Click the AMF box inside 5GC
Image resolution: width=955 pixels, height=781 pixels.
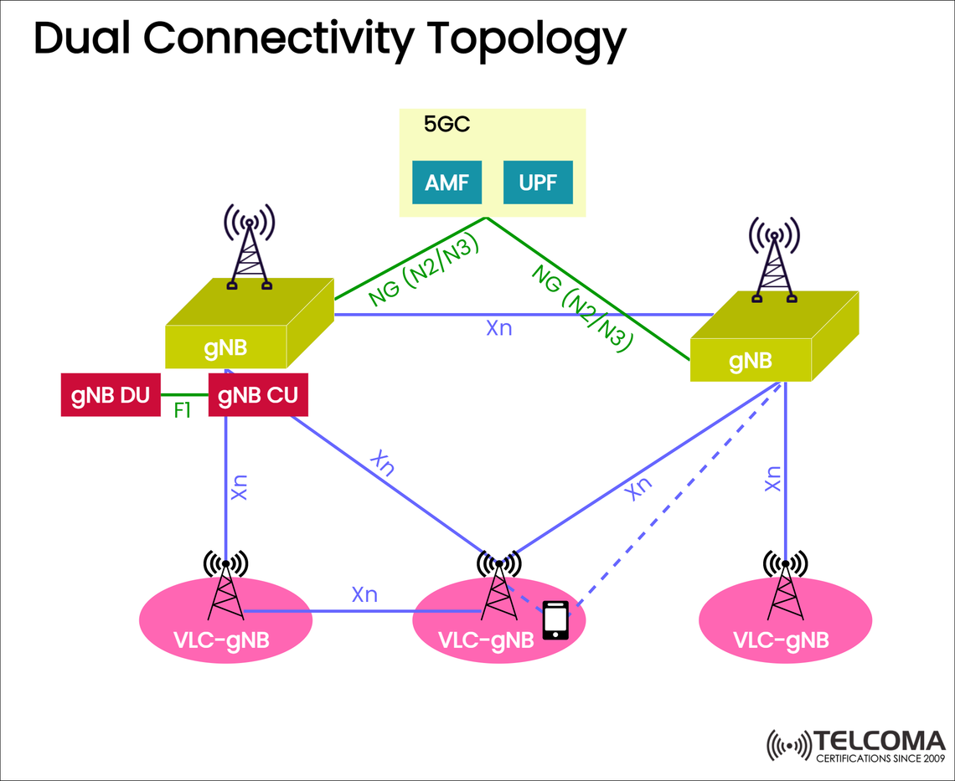[x=447, y=182]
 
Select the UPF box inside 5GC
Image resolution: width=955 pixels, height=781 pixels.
[x=538, y=182]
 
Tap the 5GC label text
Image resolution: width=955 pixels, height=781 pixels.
[x=447, y=126]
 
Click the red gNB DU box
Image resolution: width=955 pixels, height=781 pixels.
[x=111, y=395]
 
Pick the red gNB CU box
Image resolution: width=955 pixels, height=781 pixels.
[x=258, y=395]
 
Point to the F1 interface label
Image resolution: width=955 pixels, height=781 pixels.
[x=183, y=412]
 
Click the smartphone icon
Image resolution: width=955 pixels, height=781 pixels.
[x=555, y=620]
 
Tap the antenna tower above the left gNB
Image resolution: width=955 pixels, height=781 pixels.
[x=249, y=247]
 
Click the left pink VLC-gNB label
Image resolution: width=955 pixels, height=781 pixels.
[x=223, y=640]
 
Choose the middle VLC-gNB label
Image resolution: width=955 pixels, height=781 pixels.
[x=486, y=640]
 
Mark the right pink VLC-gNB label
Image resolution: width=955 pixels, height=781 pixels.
[x=781, y=640]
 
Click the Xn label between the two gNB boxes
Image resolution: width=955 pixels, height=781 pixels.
[x=498, y=328]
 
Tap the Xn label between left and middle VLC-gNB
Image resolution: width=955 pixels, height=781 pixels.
[x=364, y=594]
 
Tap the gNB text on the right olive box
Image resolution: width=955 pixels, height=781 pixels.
[x=750, y=361]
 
